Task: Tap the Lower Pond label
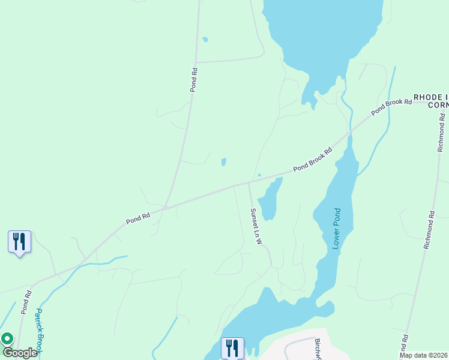tap(336, 229)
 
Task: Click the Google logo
tap(20, 353)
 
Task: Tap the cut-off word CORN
tap(438, 105)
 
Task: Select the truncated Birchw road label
tap(318, 348)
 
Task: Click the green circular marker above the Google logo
tap(7, 339)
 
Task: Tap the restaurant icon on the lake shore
tap(232, 348)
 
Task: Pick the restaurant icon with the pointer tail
tap(19, 242)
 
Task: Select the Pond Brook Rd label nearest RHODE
tap(391, 106)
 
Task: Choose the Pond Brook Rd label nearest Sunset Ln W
tap(313, 161)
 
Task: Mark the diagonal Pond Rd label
tap(137, 217)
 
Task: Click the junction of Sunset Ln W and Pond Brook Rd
tap(249, 183)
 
